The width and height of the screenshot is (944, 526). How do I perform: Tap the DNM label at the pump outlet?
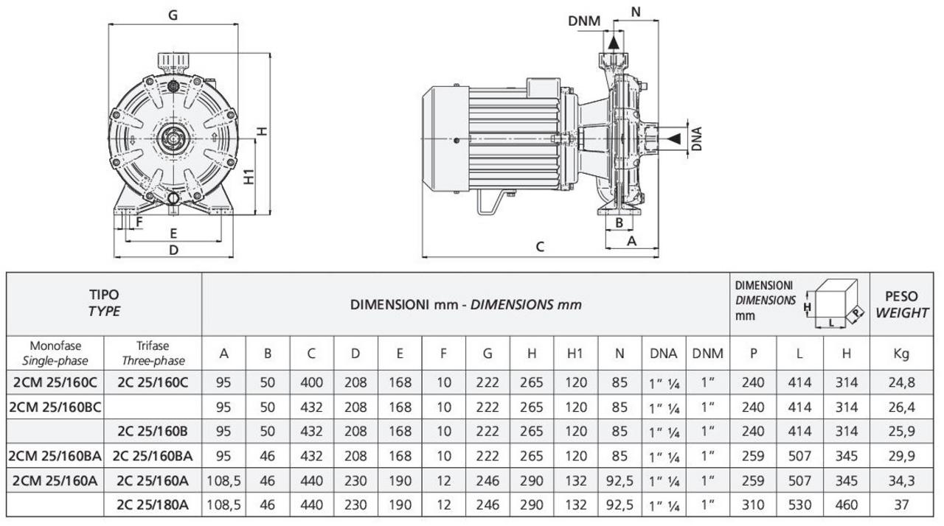(x=583, y=21)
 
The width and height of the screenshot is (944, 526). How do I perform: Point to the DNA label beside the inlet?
(x=696, y=138)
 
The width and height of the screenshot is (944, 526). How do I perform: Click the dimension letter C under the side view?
(x=540, y=247)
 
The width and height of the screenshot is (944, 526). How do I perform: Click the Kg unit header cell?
(x=900, y=354)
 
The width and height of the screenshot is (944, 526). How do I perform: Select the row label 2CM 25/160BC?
(x=56, y=406)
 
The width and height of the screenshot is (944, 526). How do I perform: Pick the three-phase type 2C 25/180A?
(x=152, y=505)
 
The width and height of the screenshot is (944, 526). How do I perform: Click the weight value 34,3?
(x=901, y=480)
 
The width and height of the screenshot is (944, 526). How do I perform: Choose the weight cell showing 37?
(x=901, y=505)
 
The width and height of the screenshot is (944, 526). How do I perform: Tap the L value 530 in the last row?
(x=799, y=505)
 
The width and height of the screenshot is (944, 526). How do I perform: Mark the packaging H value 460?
(x=846, y=505)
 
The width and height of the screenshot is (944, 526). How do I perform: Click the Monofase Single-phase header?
(x=56, y=353)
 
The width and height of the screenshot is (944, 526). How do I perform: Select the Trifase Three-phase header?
(x=153, y=353)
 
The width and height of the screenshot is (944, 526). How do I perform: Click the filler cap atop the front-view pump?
(x=173, y=59)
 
